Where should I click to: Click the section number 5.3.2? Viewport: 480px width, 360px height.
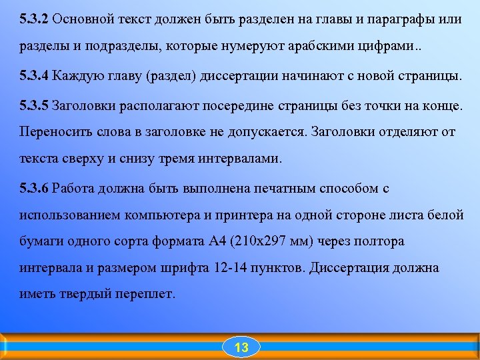point(34,18)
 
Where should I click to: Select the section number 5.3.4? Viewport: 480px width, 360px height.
point(34,75)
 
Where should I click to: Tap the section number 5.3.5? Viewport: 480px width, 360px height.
point(34,105)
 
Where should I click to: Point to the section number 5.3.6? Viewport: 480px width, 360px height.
point(34,188)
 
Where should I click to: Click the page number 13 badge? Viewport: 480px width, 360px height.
point(241,347)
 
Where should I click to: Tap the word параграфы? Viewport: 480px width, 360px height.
point(405,18)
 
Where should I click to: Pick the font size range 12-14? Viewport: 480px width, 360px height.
point(231,268)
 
